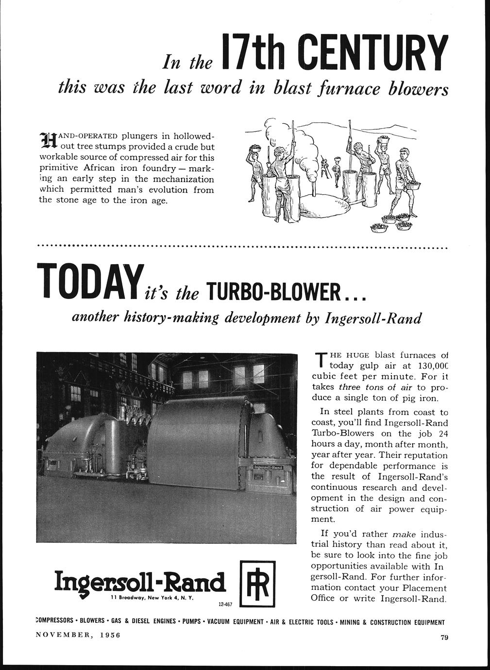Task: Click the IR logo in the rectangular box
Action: point(257,583)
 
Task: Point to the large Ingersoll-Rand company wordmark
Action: point(140,581)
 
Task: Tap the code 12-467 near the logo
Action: point(225,605)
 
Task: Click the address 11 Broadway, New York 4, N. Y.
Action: point(152,598)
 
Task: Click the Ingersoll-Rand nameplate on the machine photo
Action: point(269,467)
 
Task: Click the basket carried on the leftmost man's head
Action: point(256,147)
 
